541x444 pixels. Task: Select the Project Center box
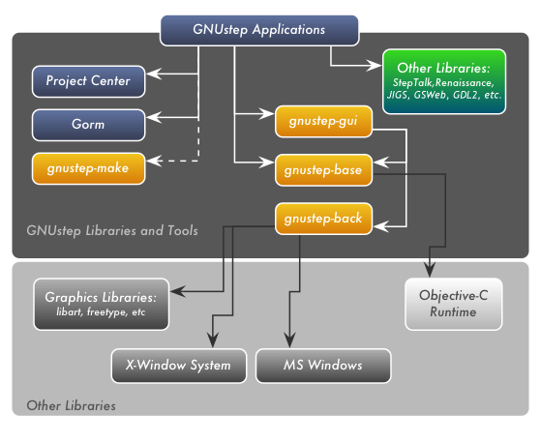pos(88,80)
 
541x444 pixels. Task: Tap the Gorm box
pos(88,125)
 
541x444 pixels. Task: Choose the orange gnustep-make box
pos(88,168)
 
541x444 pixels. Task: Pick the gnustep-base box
pos(322,170)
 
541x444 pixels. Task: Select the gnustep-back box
pos(322,219)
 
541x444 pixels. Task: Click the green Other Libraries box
pos(443,82)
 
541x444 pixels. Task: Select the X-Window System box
pos(178,366)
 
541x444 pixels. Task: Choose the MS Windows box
pos(323,366)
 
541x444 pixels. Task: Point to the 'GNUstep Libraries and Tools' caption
pos(112,231)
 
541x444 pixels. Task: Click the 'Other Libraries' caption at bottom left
pos(71,405)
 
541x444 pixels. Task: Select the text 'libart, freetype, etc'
pos(100,312)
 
